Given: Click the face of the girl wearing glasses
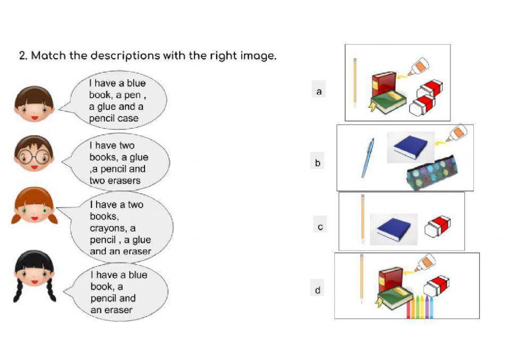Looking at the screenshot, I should point(34,155).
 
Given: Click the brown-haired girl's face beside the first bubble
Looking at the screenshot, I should point(34,104).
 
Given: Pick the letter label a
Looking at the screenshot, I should point(319,92).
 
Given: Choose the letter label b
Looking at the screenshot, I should point(318,163).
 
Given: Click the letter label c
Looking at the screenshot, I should point(320,227).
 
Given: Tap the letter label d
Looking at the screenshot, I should point(318,290).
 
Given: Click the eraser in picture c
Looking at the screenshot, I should point(437,226).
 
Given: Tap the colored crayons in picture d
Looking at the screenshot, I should point(421,307).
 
